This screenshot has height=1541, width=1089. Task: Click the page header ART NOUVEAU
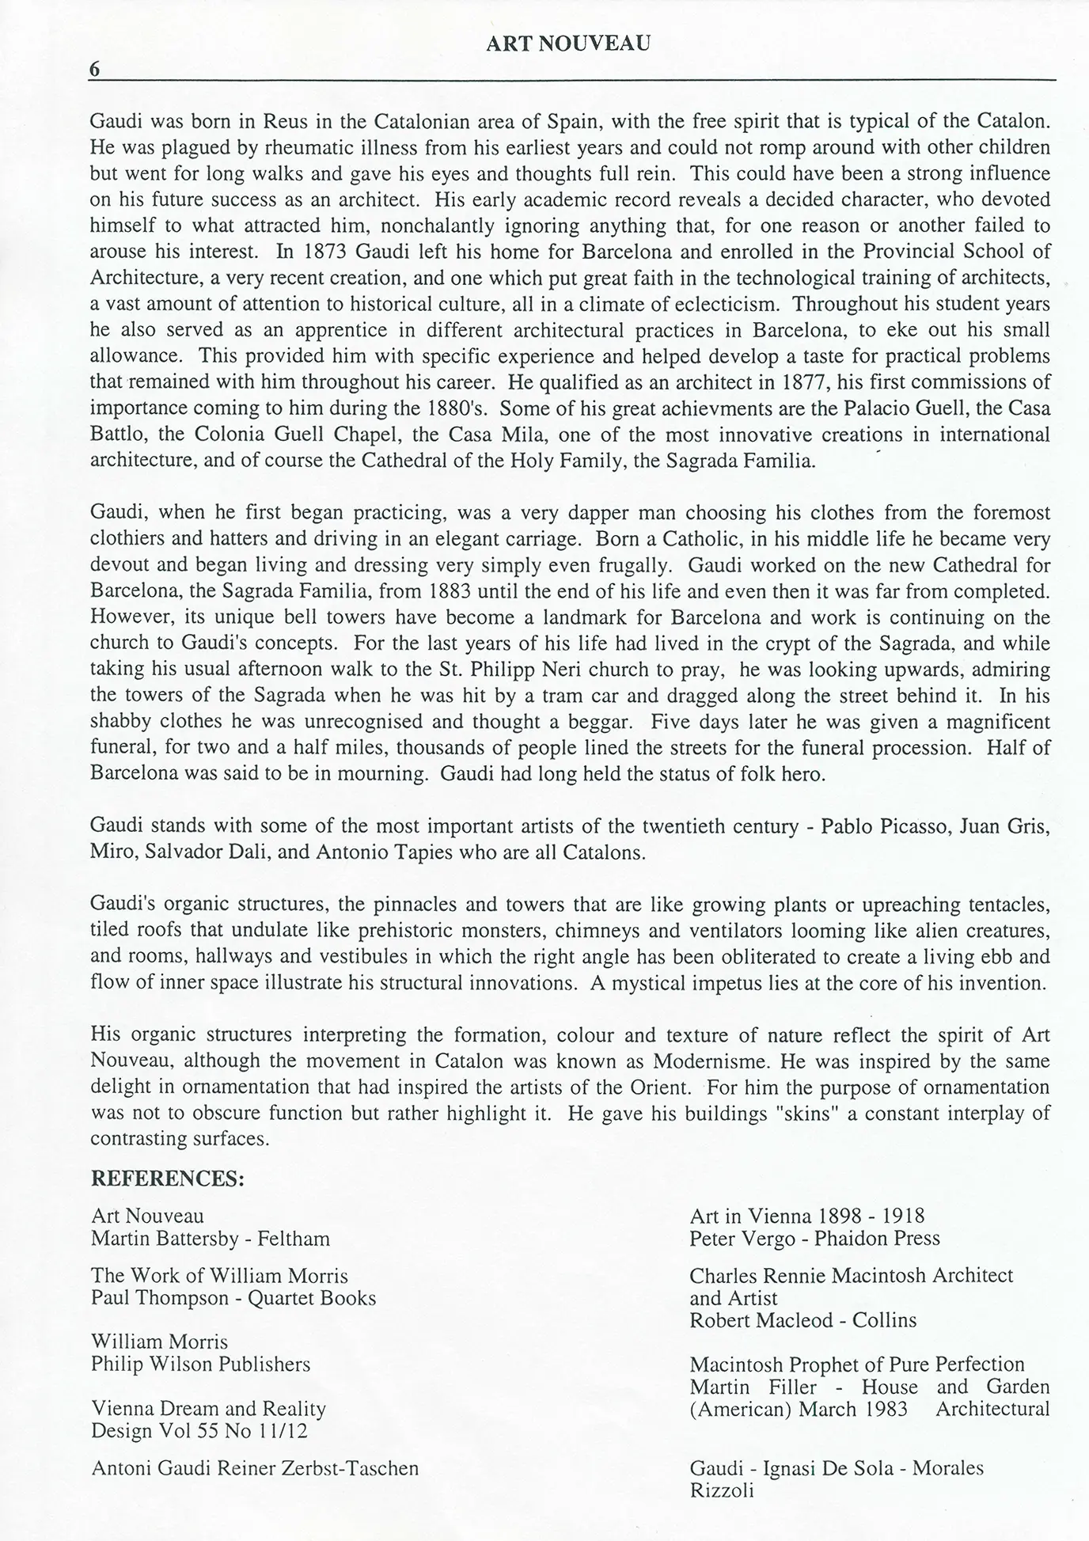[x=568, y=44]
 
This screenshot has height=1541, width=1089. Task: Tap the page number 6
[x=95, y=70]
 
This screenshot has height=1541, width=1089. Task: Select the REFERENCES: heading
[x=168, y=1179]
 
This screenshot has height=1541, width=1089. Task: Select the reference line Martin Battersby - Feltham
[x=211, y=1239]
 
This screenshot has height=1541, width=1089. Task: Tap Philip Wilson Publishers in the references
[x=201, y=1364]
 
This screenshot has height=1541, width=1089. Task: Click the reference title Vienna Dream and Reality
[x=209, y=1409]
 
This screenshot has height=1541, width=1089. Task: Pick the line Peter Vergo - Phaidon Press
[x=814, y=1239]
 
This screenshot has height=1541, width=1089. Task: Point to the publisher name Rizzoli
[x=722, y=1491]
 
